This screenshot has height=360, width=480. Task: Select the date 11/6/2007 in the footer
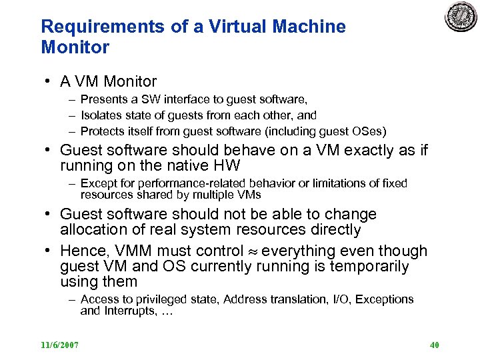coord(60,345)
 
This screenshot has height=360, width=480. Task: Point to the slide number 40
coord(434,345)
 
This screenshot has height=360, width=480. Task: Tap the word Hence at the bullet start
coord(80,251)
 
